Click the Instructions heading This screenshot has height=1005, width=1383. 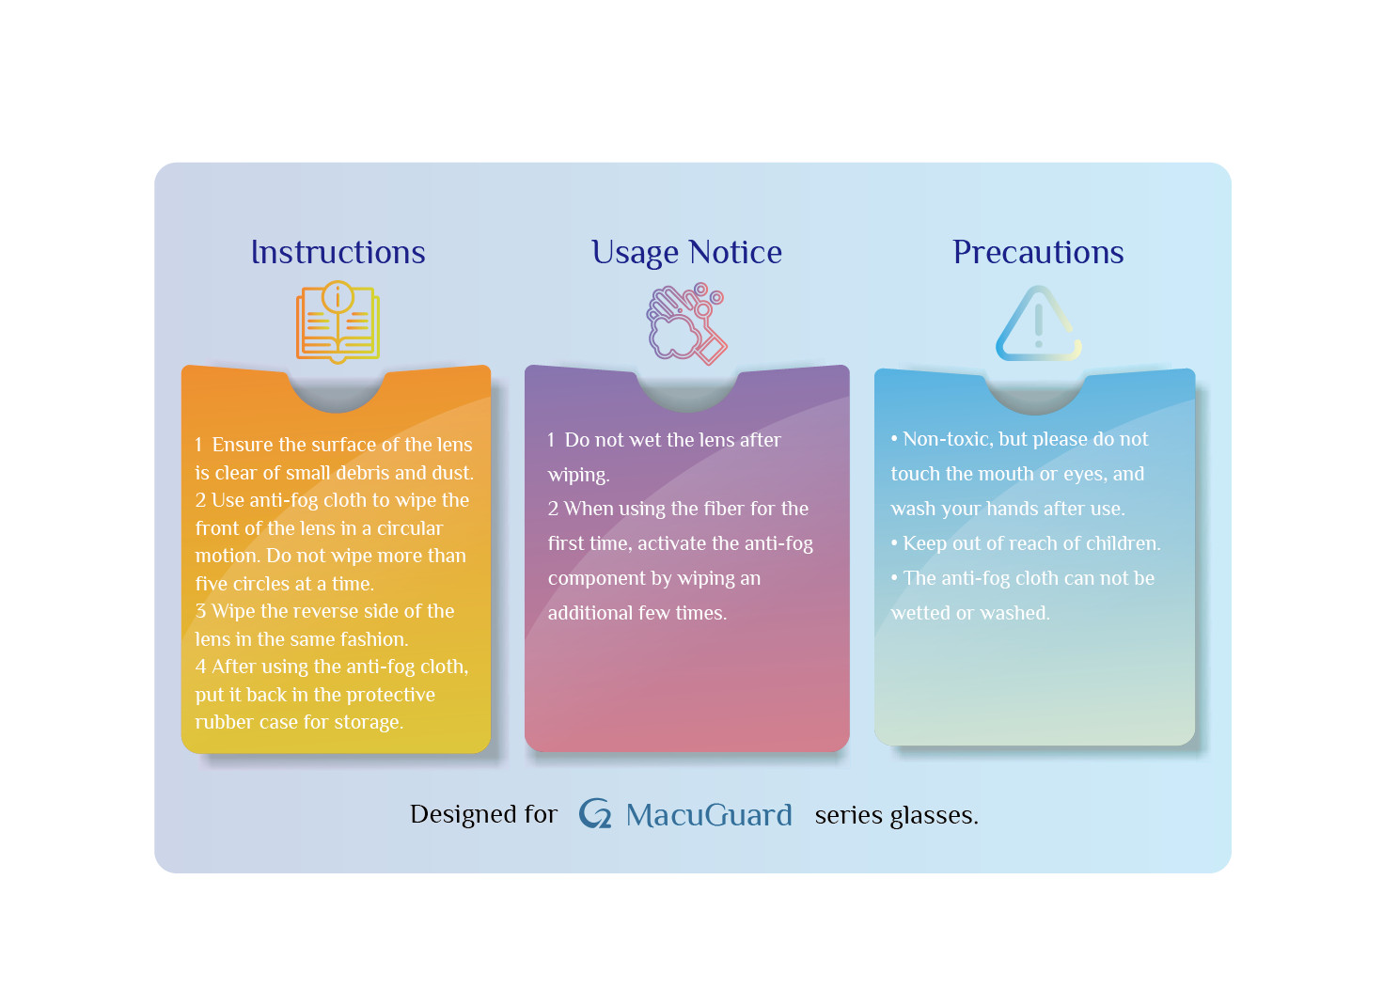click(338, 253)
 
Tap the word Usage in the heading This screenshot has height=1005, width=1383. click(635, 254)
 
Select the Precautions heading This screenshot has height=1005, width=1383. click(1038, 253)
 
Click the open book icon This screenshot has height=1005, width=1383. click(338, 322)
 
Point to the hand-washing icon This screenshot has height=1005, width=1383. click(686, 323)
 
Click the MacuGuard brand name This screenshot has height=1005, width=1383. click(709, 815)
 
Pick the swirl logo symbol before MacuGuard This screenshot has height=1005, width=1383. click(595, 813)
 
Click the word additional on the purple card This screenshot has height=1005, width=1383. click(590, 613)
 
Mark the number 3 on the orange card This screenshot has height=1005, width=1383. click(200, 611)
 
